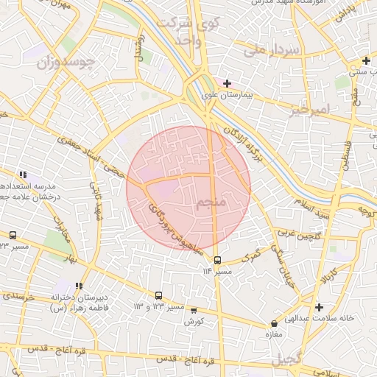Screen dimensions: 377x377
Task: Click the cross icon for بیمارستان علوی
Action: (227, 84)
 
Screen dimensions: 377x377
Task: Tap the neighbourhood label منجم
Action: (214, 202)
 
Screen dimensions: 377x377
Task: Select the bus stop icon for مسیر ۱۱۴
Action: (217, 260)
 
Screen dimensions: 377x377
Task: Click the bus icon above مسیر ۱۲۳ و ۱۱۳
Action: (159, 295)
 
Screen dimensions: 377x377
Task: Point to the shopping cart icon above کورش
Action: (194, 311)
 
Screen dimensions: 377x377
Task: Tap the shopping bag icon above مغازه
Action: (275, 323)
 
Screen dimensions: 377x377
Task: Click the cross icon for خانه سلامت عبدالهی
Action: (318, 307)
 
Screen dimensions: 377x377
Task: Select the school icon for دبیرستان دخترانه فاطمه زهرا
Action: (79, 286)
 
